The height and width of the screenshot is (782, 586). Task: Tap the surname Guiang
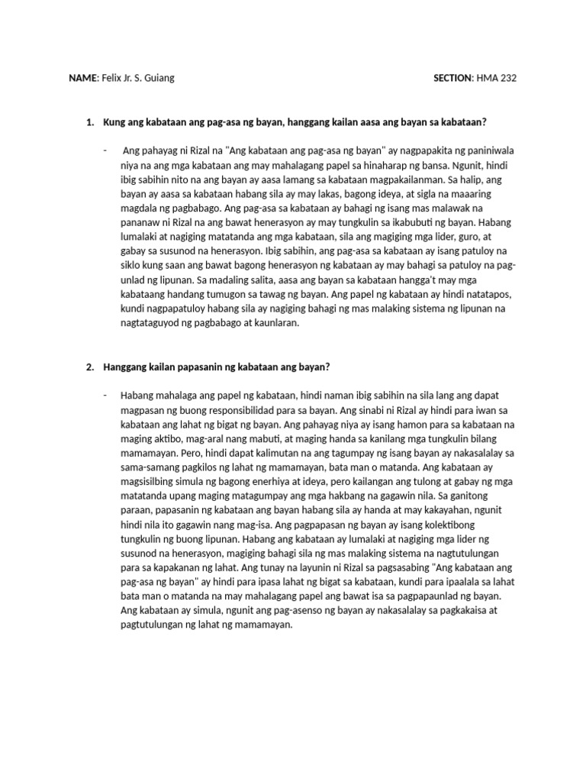pos(159,79)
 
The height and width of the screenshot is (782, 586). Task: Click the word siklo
pos(133,266)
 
